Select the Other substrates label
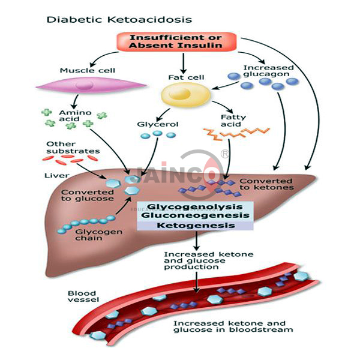(67, 148)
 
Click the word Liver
(56, 175)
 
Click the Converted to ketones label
(266, 184)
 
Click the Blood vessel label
(81, 297)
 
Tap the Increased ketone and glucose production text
(199, 260)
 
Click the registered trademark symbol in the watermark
(225, 154)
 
